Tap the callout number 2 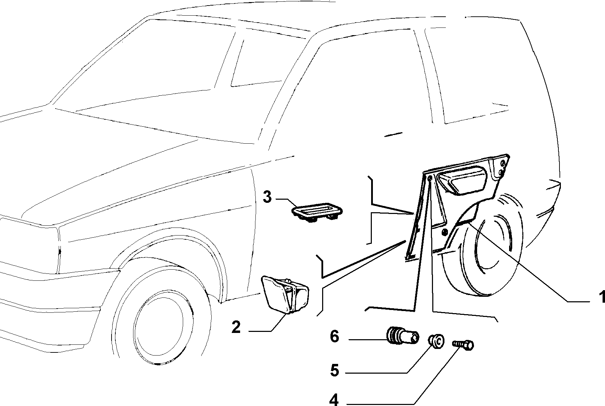[x=236, y=327]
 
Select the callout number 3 [x=267, y=197]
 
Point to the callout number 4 [x=334, y=400]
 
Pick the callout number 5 [x=334, y=371]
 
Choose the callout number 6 [x=334, y=337]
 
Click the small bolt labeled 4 [x=463, y=344]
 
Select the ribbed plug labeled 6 [x=403, y=336]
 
